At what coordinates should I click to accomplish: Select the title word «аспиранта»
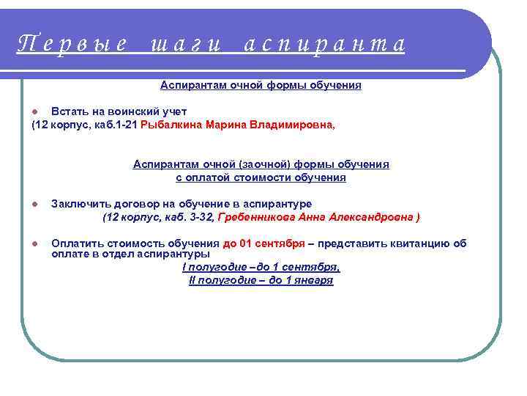pos(323,45)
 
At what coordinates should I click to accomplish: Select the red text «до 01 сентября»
pos(263,244)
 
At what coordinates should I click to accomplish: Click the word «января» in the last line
pos(314,281)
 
